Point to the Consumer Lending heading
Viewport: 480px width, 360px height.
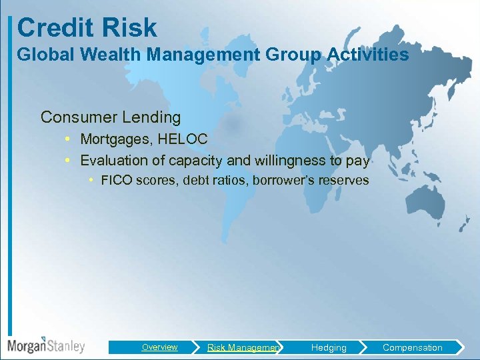click(111, 117)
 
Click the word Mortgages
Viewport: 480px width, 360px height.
click(116, 139)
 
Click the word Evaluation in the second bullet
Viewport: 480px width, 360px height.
click(112, 160)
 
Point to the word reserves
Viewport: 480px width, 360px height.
click(343, 181)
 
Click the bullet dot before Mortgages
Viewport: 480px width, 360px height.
click(69, 139)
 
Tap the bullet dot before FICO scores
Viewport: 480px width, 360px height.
click(91, 181)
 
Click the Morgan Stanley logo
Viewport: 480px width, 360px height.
click(47, 345)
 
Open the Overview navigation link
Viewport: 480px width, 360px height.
click(159, 347)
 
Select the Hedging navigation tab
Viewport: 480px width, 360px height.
click(329, 347)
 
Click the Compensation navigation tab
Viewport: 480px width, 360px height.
click(412, 347)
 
